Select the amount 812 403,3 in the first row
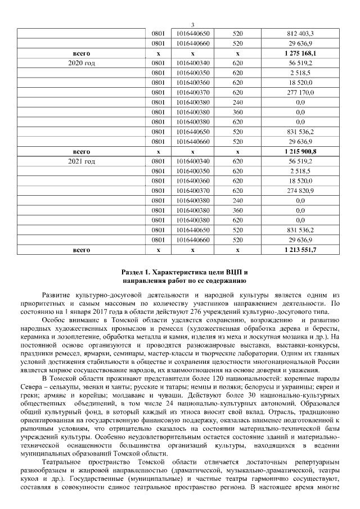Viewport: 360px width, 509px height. click(300, 33)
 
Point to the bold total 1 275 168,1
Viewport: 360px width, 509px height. click(300, 53)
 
